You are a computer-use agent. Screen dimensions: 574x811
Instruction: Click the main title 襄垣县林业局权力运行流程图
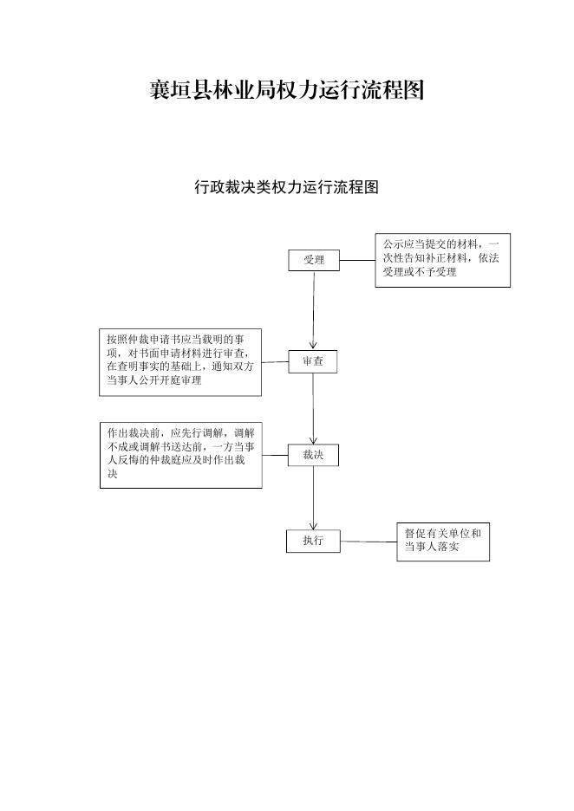point(287,90)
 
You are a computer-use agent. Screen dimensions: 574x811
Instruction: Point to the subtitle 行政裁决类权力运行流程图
point(286,186)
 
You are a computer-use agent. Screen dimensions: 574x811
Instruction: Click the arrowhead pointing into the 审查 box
point(313,346)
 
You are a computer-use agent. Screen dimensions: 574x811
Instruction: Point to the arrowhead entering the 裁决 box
point(313,439)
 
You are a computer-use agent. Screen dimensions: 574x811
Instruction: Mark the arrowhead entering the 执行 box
point(313,524)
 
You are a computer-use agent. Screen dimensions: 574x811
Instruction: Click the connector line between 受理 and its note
point(357,260)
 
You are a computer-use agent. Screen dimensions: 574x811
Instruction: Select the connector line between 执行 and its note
point(369,542)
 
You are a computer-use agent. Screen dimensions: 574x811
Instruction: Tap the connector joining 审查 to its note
point(275,362)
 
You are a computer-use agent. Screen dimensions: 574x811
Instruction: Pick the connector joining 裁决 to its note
point(275,456)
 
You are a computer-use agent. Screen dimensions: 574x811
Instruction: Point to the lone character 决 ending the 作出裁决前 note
point(113,474)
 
